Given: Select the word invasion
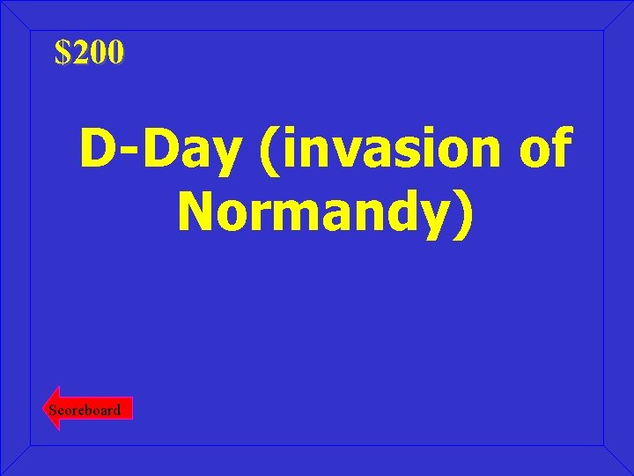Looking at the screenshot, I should click(x=387, y=151).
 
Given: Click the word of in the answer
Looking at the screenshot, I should click(x=544, y=151).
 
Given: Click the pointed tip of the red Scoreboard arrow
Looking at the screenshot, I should click(x=48, y=409).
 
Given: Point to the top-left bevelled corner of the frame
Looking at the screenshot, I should click(x=16, y=15).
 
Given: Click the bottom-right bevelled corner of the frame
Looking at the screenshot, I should click(x=618, y=460).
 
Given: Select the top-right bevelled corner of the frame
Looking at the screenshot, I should click(x=618, y=15).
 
